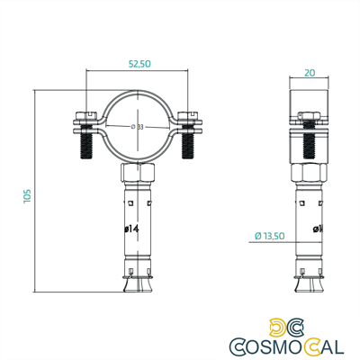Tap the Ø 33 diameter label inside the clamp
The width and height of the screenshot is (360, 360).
(x=138, y=126)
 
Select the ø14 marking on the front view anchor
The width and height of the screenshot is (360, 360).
(x=130, y=229)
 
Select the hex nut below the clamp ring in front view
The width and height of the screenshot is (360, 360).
(x=137, y=172)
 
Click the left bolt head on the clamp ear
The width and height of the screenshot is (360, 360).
(x=85, y=115)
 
